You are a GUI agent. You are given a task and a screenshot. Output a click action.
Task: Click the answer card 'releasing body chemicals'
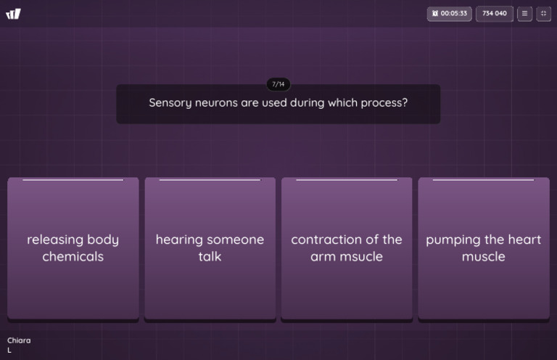[x=73, y=248]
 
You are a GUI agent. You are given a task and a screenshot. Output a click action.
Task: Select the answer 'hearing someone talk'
[x=210, y=248]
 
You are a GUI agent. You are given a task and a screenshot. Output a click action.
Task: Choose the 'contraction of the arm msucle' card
[x=347, y=248]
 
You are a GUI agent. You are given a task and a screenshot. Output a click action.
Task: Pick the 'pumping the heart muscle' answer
[x=484, y=248]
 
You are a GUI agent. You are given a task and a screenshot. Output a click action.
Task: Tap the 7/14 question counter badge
[x=278, y=84]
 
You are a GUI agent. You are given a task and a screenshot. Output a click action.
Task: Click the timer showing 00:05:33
[x=450, y=14]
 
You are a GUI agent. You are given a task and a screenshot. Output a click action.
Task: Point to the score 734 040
[x=495, y=14]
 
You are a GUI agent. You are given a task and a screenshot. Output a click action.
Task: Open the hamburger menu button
[x=524, y=14]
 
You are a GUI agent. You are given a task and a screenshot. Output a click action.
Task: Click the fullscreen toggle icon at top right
[x=543, y=14]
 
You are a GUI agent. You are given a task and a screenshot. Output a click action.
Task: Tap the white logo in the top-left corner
[x=14, y=14]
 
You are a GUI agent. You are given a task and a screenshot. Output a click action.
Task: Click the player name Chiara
[x=19, y=340]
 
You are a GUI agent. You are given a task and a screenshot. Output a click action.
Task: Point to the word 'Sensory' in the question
[x=170, y=103]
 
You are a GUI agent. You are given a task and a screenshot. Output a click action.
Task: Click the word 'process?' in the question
[x=384, y=103]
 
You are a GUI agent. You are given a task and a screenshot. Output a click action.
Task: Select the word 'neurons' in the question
[x=216, y=103]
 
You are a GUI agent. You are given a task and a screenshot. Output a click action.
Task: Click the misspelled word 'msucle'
[x=366, y=257]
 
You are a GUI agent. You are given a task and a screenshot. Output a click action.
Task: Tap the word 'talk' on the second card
[x=210, y=257]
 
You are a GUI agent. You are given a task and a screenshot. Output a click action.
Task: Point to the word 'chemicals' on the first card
[x=73, y=257]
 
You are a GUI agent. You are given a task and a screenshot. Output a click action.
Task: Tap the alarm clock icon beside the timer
[x=435, y=14]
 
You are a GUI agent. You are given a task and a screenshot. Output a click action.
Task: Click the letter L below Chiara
[x=9, y=351]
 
